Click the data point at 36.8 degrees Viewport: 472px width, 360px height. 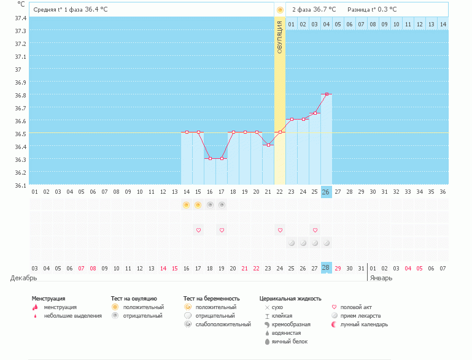[x=327, y=94]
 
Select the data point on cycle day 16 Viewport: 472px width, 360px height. [x=210, y=158]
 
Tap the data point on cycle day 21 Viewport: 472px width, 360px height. [x=268, y=145]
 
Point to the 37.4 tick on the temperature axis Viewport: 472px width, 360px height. [x=20, y=18]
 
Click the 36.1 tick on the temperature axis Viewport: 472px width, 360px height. [x=20, y=185]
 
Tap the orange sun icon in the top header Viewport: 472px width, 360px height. [x=280, y=10]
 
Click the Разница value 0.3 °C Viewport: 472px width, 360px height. [x=387, y=10]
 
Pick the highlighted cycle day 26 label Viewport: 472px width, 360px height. [x=326, y=192]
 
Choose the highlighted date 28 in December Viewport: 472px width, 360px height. [x=326, y=268]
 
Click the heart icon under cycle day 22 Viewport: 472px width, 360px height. [x=280, y=230]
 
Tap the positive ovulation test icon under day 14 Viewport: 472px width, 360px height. [x=186, y=205]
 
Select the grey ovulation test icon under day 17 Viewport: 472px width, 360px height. [x=222, y=205]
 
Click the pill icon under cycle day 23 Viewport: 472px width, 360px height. [x=292, y=243]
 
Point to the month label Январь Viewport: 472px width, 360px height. [x=381, y=278]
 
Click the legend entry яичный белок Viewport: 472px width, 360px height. [x=289, y=341]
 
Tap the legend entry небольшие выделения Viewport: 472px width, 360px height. [x=77, y=315]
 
